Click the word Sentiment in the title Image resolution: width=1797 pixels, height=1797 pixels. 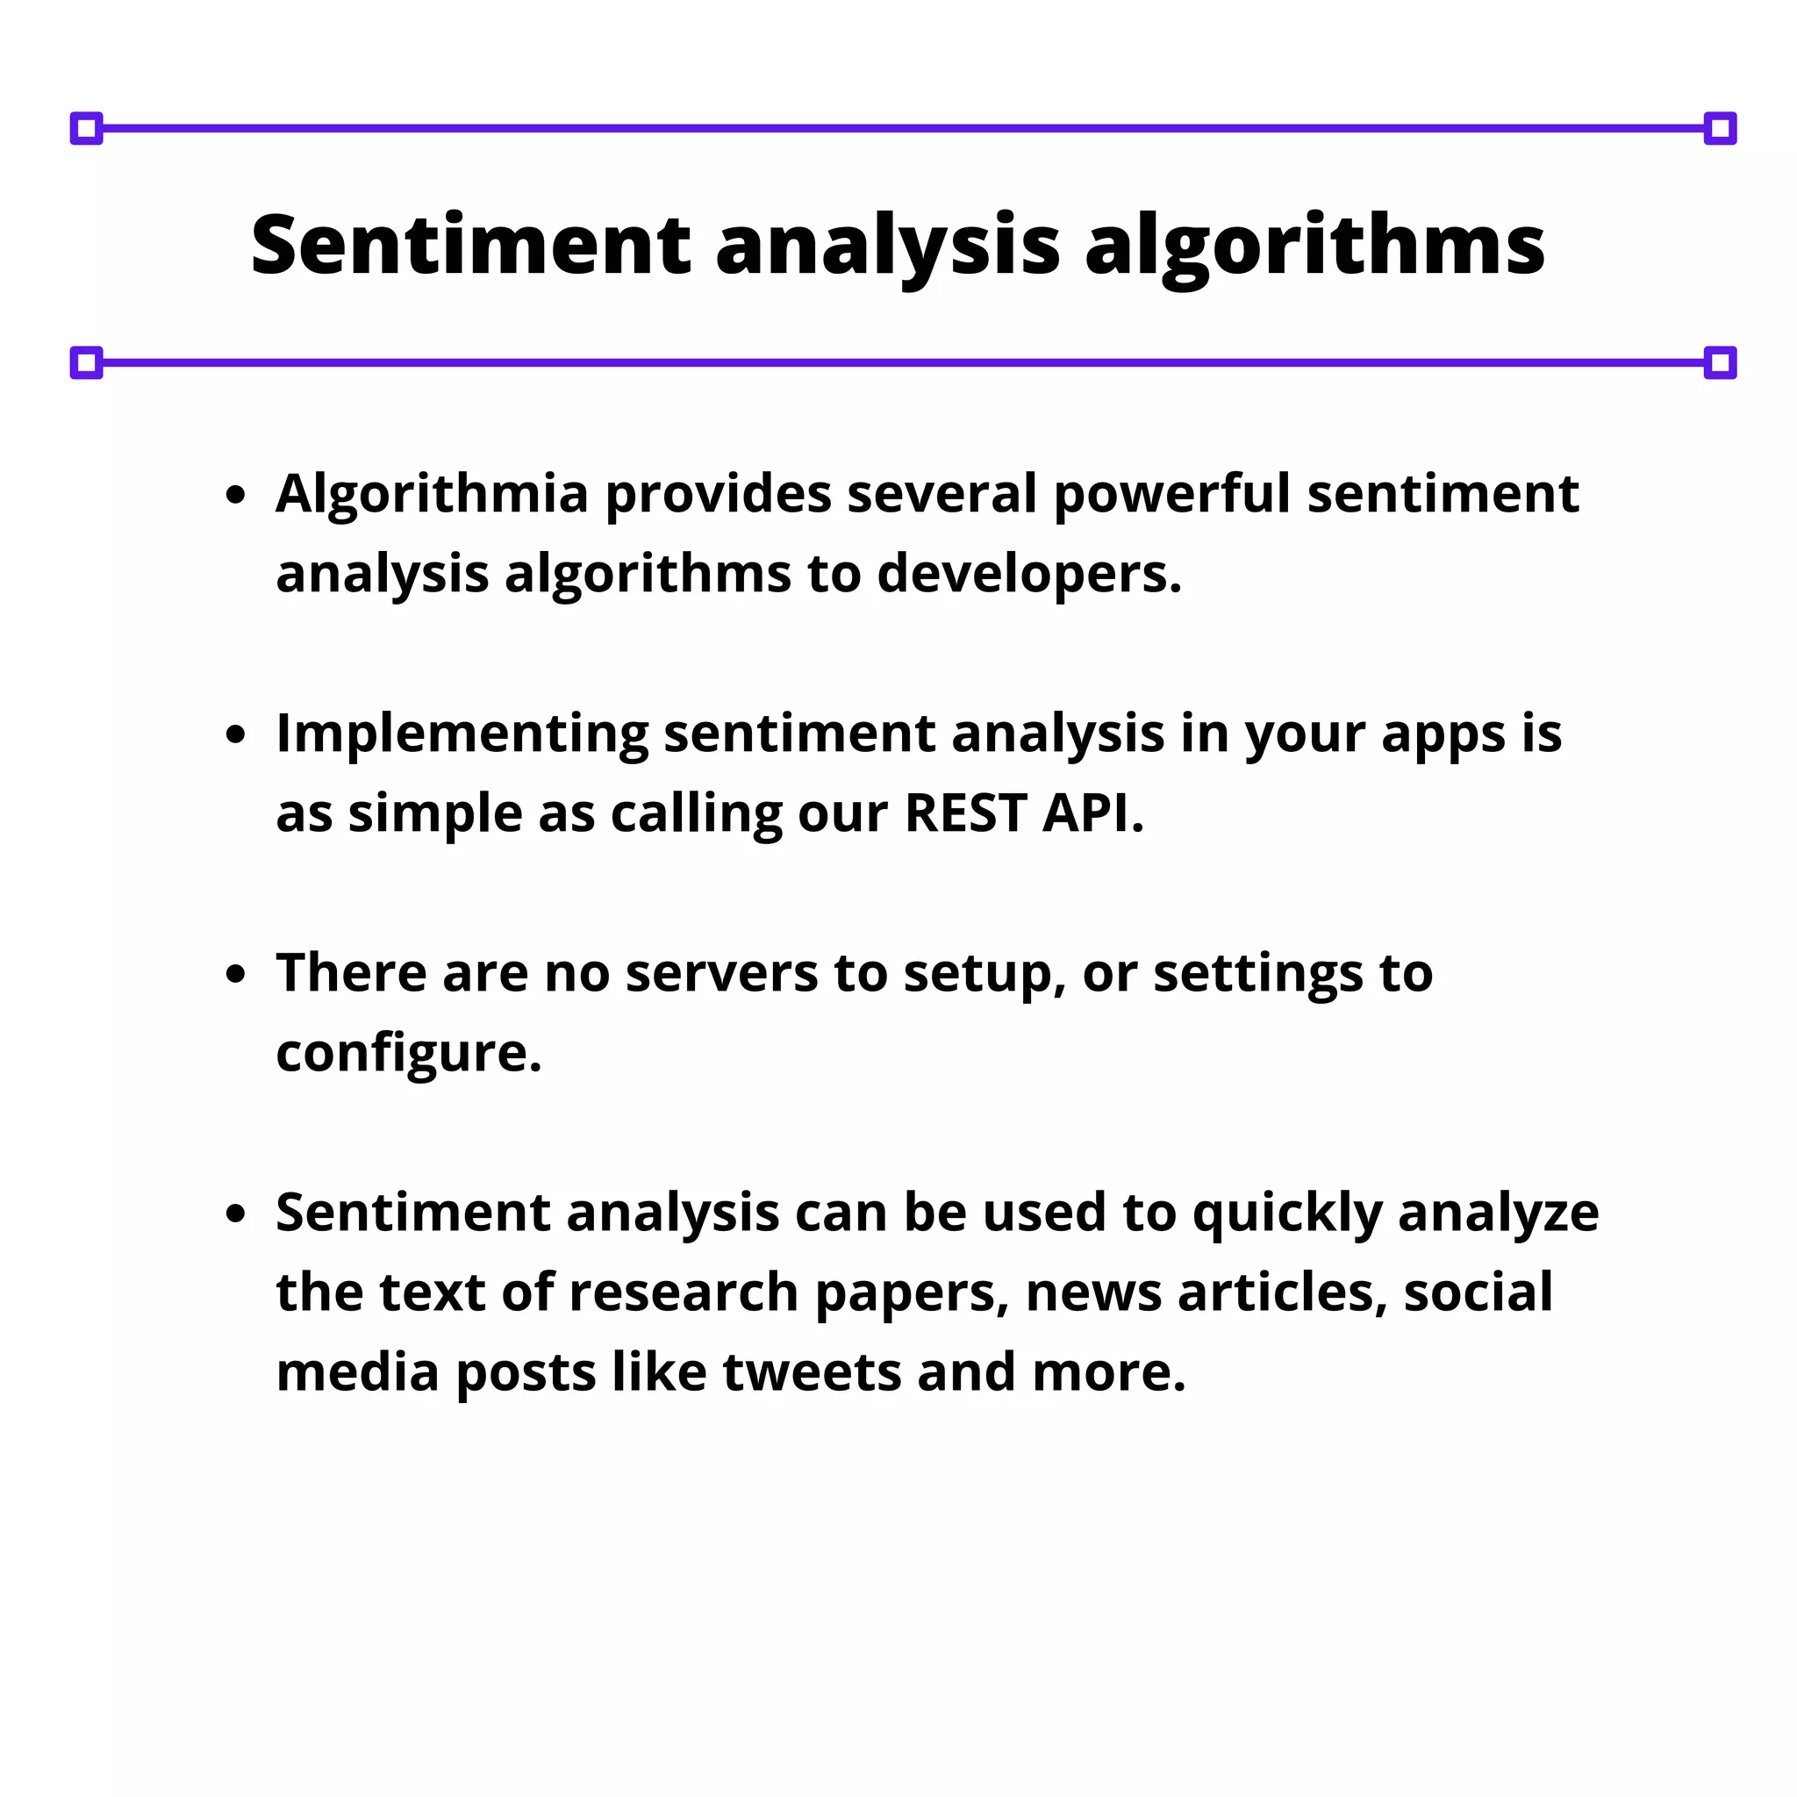pyautogui.click(x=470, y=245)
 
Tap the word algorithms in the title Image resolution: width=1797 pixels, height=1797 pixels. pyautogui.click(x=1314, y=247)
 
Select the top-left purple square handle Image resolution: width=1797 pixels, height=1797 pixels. pyautogui.click(x=87, y=128)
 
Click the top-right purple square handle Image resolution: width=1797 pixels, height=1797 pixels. pyautogui.click(x=1720, y=128)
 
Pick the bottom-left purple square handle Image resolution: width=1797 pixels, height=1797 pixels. pyautogui.click(x=87, y=362)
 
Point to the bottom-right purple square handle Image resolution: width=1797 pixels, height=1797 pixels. pyautogui.click(x=1720, y=362)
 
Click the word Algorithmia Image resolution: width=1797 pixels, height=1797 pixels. pyautogui.click(x=433, y=494)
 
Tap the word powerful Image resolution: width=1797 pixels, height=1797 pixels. pyautogui.click(x=1172, y=494)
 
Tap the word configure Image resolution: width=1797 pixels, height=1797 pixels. pyautogui.click(x=408, y=1054)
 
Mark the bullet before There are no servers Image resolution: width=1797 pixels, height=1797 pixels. pyautogui.click(x=236, y=974)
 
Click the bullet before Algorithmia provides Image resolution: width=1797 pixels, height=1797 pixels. pyautogui.click(x=236, y=495)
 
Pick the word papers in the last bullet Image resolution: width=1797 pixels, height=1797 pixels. pyautogui.click(x=912, y=1294)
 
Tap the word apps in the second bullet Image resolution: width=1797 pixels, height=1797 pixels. pyautogui.click(x=1443, y=734)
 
